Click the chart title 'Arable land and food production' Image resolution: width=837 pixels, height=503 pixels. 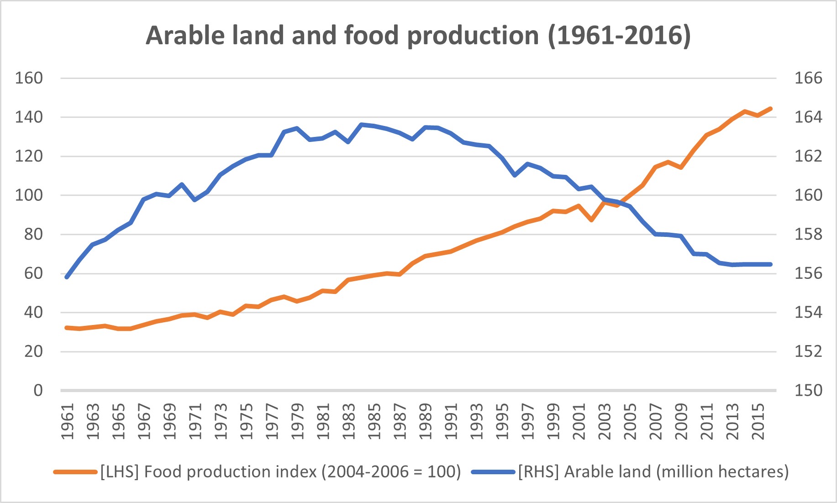point(342,36)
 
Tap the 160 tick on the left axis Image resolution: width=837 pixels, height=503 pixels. point(29,78)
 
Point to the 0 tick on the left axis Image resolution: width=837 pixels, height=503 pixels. point(38,391)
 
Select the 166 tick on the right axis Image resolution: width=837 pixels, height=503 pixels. point(808,78)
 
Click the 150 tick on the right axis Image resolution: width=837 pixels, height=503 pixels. point(808,391)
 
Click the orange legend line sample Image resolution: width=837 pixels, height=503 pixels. point(75,472)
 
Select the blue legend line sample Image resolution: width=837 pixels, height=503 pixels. point(493,472)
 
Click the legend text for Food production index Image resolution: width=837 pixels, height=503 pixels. point(280,472)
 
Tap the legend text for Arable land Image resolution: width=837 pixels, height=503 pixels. point(653,472)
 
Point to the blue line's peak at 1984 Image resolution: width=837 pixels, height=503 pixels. point(361,124)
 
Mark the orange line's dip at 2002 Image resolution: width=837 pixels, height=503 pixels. point(591,220)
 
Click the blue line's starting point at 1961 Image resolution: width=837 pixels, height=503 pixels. point(67,277)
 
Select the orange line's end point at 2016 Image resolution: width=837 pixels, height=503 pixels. point(771,109)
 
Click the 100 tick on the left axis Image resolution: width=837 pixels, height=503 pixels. point(29,195)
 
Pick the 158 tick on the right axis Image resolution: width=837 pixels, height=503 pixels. point(808,235)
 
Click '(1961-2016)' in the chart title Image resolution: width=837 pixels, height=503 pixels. point(619,36)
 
